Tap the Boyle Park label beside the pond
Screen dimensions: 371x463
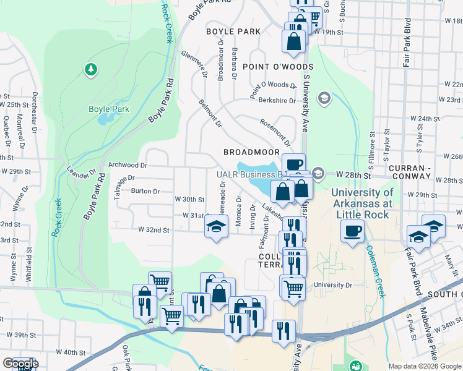pyautogui.click(x=109, y=109)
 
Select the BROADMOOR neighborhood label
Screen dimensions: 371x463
pyautogui.click(x=248, y=152)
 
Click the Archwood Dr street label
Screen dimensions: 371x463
pyautogui.click(x=128, y=166)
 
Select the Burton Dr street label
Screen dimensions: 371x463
pyautogui.click(x=145, y=192)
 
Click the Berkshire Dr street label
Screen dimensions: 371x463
pyautogui.click(x=277, y=100)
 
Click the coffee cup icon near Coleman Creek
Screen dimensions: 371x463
pyautogui.click(x=353, y=231)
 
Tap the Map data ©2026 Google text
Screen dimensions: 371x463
pyautogui.click(x=424, y=366)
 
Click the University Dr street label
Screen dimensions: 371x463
pyautogui.click(x=332, y=286)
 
